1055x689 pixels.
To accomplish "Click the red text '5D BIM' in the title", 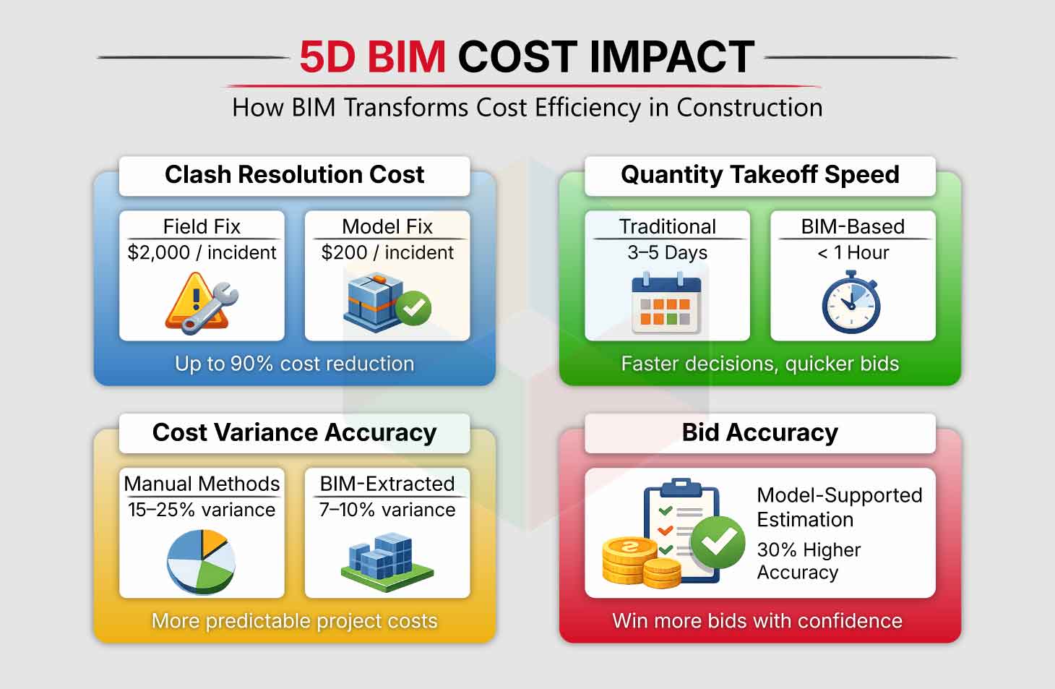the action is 373,57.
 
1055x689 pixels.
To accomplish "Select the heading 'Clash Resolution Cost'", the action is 294,174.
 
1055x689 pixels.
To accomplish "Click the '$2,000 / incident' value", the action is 202,252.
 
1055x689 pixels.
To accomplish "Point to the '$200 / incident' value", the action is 387,252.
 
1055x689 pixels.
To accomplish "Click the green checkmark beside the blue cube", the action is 413,308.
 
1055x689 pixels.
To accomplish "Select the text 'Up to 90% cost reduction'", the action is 294,364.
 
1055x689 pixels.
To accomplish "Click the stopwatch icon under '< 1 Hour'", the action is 851,302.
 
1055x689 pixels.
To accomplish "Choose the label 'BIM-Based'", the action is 853,227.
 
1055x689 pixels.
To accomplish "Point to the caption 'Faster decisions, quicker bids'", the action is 759,364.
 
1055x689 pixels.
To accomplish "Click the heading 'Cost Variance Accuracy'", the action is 294,432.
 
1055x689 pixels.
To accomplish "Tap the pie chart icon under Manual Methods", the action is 201,561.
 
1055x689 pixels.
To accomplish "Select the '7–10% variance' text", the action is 387,510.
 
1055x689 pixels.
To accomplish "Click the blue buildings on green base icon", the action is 387,562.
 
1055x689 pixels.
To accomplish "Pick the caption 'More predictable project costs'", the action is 294,621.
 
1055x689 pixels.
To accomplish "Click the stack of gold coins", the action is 641,562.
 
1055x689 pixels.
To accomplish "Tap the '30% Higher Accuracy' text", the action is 809,561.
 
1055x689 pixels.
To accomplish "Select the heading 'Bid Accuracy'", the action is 759,432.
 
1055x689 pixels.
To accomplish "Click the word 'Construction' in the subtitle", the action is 749,108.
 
